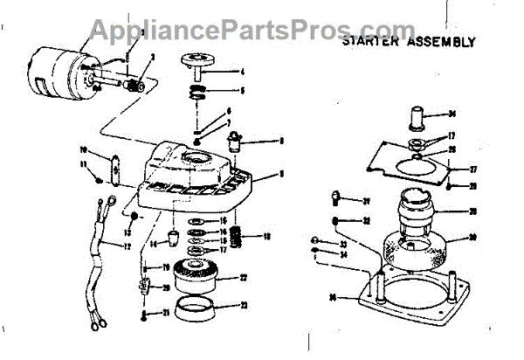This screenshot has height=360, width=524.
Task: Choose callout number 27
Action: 474,170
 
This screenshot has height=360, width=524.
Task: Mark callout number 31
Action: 368,200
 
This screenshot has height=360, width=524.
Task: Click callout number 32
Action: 368,220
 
